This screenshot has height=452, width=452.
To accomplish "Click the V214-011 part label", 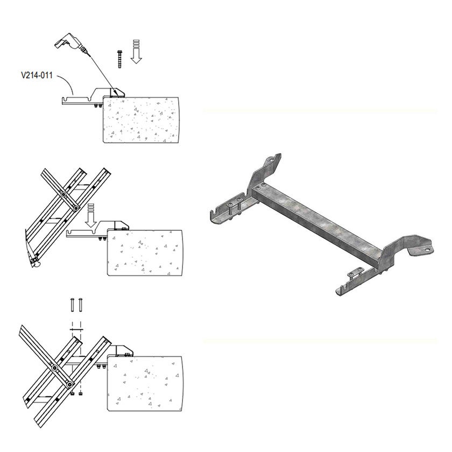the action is (37, 75).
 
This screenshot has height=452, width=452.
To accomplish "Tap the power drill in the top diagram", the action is (70, 44).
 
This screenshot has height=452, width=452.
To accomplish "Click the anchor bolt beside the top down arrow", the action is (119, 59).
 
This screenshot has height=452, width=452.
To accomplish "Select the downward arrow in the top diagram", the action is (136, 51).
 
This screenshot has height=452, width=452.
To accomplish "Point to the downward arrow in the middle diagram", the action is (91, 216).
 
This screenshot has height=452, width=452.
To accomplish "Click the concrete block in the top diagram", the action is (141, 120).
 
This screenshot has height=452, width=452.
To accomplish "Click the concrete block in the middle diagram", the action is (145, 253).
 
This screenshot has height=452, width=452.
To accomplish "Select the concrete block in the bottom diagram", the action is (145, 383).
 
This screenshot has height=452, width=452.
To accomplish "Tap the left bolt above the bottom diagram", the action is (72, 305).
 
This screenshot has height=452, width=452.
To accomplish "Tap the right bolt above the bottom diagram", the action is (80, 305).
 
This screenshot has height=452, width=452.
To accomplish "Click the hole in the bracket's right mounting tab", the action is (426, 250).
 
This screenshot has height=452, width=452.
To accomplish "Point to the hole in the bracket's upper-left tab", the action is (270, 159).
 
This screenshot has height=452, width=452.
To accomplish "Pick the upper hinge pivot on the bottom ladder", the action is (54, 368).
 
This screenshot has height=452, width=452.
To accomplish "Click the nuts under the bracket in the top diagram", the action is (97, 106).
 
